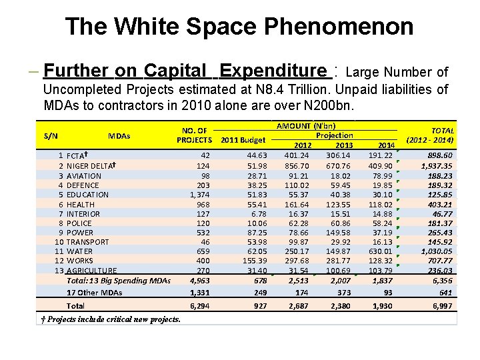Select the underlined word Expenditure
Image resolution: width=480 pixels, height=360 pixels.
[274, 71]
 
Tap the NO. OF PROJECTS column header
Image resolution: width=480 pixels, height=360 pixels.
[193, 135]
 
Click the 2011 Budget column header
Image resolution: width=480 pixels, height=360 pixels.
[243, 141]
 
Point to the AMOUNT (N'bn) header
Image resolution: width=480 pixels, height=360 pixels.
[306, 125]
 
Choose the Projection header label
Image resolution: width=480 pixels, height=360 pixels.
[334, 135]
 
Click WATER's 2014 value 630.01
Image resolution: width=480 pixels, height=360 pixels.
[381, 251]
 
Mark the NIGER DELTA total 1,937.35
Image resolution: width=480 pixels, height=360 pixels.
[437, 166]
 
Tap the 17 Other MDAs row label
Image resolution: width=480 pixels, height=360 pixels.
[94, 293]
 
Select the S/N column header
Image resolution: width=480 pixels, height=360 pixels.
[51, 136]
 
